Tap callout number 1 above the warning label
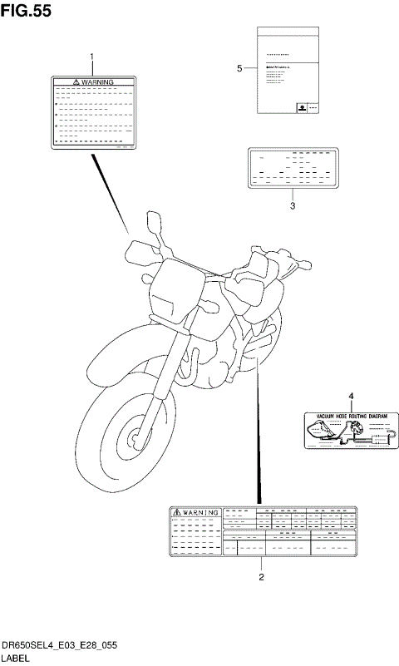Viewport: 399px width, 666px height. point(92,57)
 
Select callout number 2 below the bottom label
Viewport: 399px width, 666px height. point(262,575)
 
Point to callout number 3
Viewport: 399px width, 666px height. point(293,205)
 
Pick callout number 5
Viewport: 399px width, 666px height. point(239,68)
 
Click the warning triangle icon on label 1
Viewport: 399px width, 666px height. point(76,82)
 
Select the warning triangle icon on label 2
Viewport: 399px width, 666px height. point(177,513)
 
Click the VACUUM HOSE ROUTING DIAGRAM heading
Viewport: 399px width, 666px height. point(347,413)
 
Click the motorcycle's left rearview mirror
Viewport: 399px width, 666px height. point(155,223)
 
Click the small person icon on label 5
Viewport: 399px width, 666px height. point(300,107)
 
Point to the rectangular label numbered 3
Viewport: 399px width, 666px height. point(293,170)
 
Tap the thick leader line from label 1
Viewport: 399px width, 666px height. point(111,191)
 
